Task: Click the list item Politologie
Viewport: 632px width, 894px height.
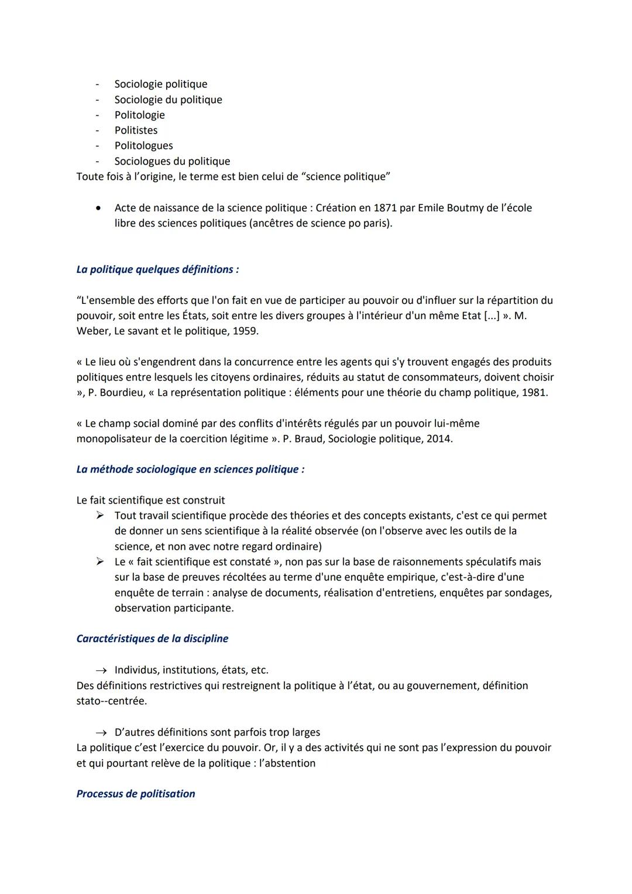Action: click(139, 115)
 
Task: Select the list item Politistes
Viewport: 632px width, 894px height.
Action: click(136, 131)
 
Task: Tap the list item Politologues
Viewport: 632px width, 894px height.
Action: click(143, 146)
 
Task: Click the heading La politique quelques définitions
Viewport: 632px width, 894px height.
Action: click(157, 270)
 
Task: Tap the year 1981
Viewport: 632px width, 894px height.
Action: click(534, 393)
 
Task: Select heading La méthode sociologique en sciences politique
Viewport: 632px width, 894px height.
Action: click(190, 470)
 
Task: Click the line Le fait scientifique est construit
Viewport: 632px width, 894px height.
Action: click(150, 501)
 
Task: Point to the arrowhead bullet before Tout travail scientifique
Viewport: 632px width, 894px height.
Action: click(100, 516)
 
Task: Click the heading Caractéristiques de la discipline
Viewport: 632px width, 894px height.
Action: click(152, 639)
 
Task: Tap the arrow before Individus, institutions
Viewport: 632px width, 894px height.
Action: click(101, 670)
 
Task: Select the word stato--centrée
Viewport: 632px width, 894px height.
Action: click(111, 701)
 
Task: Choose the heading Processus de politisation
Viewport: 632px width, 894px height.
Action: click(136, 794)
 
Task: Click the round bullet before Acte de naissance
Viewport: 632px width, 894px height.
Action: click(101, 208)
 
